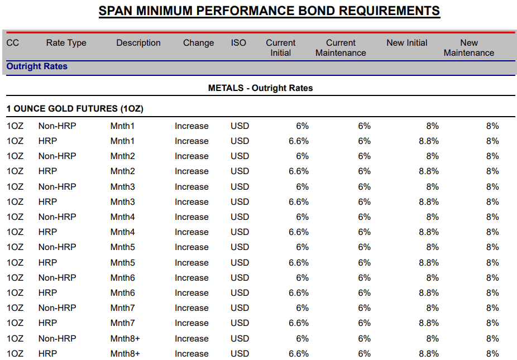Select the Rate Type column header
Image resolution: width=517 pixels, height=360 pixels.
click(x=66, y=43)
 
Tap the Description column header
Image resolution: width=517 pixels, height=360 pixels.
click(x=138, y=43)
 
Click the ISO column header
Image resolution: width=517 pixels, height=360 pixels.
click(x=238, y=43)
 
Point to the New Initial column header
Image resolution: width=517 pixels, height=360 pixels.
click(x=407, y=43)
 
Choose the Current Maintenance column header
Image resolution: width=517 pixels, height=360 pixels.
click(x=341, y=48)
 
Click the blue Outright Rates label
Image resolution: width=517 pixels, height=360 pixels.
click(x=37, y=66)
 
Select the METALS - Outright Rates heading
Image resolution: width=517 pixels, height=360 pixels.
click(x=261, y=88)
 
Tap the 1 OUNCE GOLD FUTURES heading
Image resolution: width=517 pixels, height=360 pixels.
click(x=75, y=109)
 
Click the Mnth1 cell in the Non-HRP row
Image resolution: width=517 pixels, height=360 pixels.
click(x=122, y=126)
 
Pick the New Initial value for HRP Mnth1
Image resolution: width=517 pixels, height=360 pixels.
click(x=429, y=141)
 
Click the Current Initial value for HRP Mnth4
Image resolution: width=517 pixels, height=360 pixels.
click(x=298, y=232)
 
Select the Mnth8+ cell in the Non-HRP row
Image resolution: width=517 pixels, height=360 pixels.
click(x=125, y=339)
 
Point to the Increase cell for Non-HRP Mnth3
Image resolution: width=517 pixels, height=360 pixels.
click(x=192, y=187)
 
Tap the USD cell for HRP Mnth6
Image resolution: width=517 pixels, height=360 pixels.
click(x=240, y=293)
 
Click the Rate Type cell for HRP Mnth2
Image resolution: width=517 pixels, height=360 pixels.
click(x=47, y=171)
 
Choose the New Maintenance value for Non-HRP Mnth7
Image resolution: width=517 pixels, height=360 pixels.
click(x=492, y=308)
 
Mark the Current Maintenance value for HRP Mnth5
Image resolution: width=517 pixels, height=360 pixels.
click(x=365, y=263)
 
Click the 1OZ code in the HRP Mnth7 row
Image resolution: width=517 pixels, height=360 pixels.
click(x=15, y=323)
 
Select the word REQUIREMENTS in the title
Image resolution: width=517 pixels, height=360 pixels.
click(x=389, y=11)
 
